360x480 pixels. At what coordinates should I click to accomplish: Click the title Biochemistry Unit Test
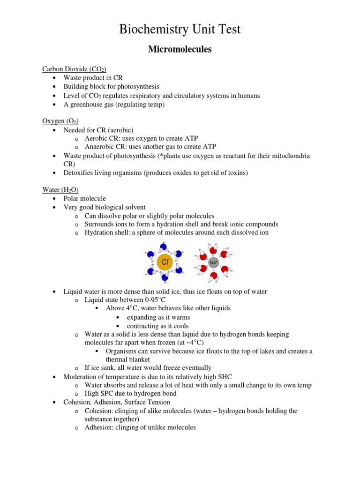(180, 30)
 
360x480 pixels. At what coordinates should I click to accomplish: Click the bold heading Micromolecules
(180, 49)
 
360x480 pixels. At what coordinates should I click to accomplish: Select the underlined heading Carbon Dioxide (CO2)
(74, 69)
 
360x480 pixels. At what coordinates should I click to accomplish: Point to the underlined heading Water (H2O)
(60, 189)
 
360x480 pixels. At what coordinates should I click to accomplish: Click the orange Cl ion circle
(164, 262)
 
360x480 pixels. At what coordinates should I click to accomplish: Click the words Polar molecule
(85, 198)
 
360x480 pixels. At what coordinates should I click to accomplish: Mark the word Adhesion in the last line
(99, 427)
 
